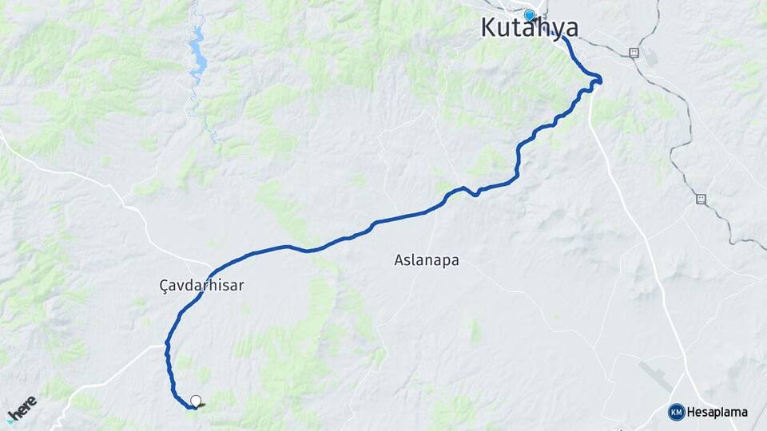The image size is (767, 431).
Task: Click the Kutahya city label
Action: coord(530,28)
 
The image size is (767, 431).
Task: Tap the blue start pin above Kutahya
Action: coord(529,15)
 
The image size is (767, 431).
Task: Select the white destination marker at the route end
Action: coord(196,401)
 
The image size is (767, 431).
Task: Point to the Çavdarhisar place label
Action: coord(201,284)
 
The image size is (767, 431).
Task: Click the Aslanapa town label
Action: coord(427,260)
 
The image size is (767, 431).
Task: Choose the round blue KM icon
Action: coord(677,412)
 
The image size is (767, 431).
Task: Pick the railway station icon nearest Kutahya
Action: coord(634,53)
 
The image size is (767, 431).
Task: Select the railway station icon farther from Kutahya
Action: coord(701,198)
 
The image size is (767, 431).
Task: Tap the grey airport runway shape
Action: coord(655,375)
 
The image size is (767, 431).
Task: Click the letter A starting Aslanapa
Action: coord(399,260)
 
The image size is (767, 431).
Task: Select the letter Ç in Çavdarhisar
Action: coord(165,284)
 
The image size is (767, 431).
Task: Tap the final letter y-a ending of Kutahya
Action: coord(565,28)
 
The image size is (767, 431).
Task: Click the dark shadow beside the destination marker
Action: coord(199,406)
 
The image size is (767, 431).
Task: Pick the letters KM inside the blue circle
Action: coord(677,412)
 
